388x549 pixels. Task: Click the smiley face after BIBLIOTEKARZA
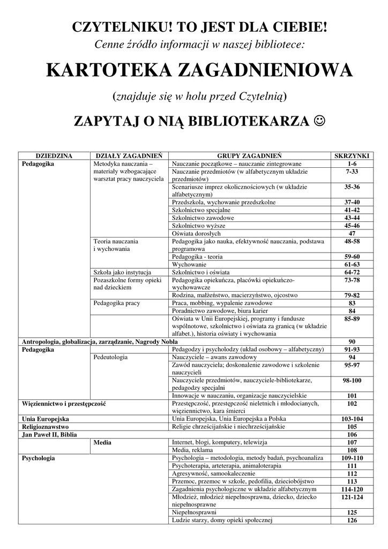click(x=320, y=122)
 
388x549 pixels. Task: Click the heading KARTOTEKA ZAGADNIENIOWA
click(x=199, y=70)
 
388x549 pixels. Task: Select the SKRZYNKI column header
click(x=352, y=155)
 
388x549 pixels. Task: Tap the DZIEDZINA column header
click(x=54, y=155)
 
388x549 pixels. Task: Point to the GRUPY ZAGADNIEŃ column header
click(x=250, y=155)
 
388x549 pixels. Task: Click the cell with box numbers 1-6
click(x=352, y=164)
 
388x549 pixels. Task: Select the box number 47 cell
click(x=352, y=233)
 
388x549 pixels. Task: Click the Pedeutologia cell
click(x=110, y=357)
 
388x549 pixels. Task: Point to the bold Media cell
click(x=102, y=442)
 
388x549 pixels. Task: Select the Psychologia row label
click(x=38, y=458)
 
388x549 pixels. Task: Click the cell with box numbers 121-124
click(x=352, y=497)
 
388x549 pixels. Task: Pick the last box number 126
click(x=352, y=520)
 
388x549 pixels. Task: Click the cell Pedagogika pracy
click(x=116, y=303)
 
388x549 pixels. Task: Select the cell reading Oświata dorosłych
click(x=196, y=233)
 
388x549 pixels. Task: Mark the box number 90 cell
click(x=352, y=342)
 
